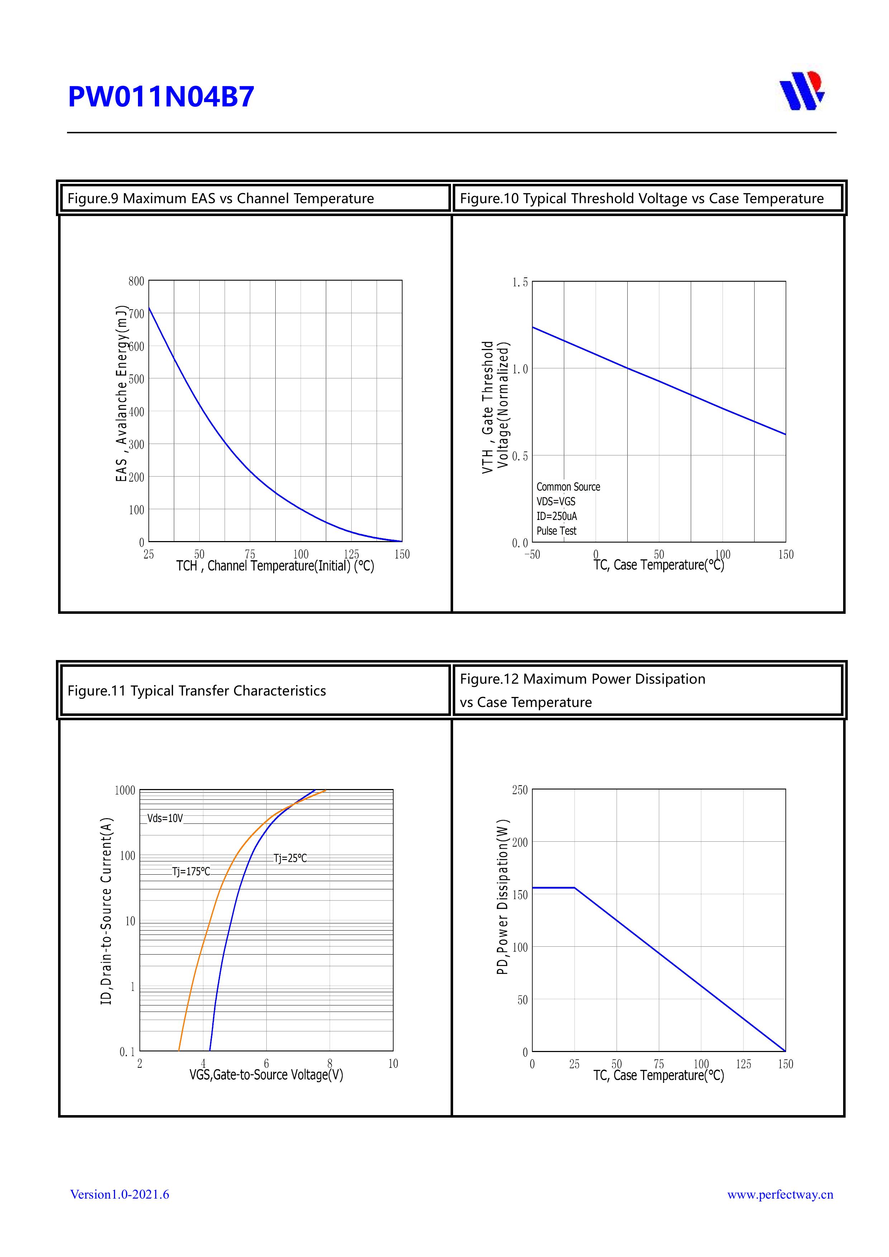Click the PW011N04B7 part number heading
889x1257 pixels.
click(x=161, y=97)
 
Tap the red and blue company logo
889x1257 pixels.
click(x=802, y=91)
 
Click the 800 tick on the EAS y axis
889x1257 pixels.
click(x=136, y=281)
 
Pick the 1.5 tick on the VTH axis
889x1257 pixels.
click(x=520, y=282)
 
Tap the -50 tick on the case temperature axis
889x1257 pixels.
click(x=532, y=555)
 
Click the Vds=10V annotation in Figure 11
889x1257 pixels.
click(x=165, y=818)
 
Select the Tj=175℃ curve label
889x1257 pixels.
click(x=191, y=871)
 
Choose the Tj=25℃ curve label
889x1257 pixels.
click(x=290, y=859)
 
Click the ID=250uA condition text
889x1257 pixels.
click(x=556, y=516)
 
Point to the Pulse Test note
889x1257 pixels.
click(x=556, y=531)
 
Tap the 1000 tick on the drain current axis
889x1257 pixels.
click(x=125, y=790)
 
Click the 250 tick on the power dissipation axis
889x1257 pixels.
click(x=520, y=790)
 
